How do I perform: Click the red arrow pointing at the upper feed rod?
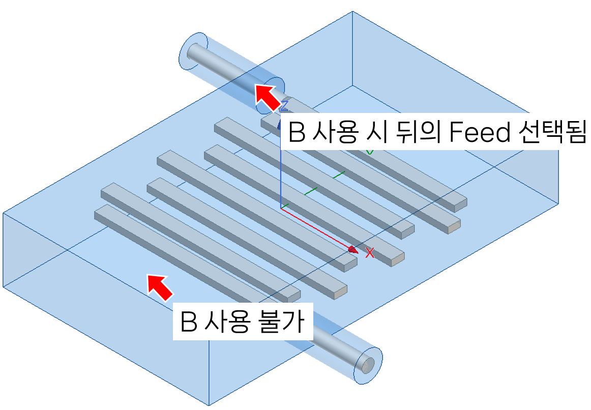[x=267, y=98]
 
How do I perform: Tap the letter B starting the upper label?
[x=297, y=133]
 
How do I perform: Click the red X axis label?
[x=370, y=253]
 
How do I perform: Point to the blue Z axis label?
[x=284, y=106]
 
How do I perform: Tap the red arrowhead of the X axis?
[x=352, y=249]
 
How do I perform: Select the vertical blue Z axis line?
[x=281, y=178]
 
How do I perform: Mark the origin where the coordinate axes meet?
[x=281, y=208]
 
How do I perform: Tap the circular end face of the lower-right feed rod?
[x=367, y=364]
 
